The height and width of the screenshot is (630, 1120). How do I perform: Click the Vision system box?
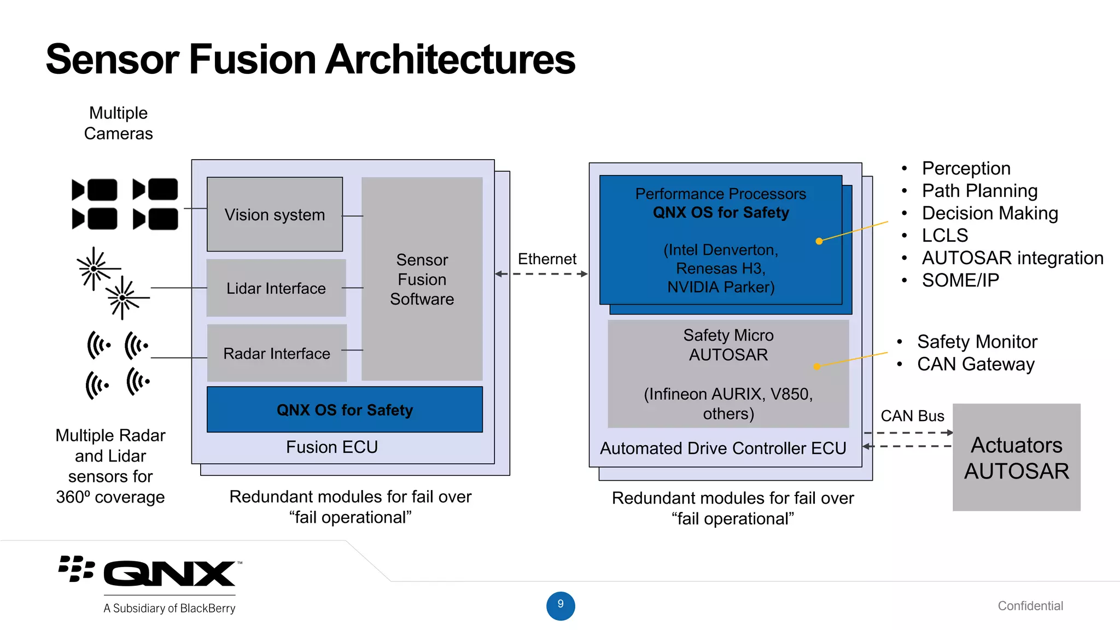[x=275, y=214]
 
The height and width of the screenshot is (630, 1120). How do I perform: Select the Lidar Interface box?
[x=276, y=288]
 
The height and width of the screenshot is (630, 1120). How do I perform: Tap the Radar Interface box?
[x=277, y=353]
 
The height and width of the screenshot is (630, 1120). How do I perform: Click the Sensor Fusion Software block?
[x=422, y=279]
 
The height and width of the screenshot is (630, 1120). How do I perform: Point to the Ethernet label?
[x=547, y=259]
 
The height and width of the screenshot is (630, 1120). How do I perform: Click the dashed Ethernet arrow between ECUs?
[x=541, y=274]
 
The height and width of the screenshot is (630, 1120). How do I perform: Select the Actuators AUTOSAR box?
[x=1016, y=457]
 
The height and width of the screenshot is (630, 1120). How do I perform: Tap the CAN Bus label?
[x=912, y=416]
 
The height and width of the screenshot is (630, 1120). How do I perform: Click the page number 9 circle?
[x=561, y=605]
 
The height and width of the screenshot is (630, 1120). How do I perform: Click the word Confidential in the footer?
[x=1030, y=605]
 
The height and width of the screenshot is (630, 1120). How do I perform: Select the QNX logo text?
[x=170, y=574]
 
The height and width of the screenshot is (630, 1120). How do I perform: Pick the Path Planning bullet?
[x=979, y=190]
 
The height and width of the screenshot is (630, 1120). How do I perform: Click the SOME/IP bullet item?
[x=960, y=280]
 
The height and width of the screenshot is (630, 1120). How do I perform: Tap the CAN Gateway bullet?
[x=976, y=364]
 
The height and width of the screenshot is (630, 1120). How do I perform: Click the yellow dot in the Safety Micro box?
[x=817, y=366]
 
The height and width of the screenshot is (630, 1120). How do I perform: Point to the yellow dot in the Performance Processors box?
[x=819, y=241]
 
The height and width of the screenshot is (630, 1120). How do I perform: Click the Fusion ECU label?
[x=332, y=447]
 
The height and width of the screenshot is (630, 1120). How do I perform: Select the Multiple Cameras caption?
[x=118, y=123]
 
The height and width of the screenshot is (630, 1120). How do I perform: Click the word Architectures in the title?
[x=450, y=59]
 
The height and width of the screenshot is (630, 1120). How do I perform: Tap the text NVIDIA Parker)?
[x=721, y=287]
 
